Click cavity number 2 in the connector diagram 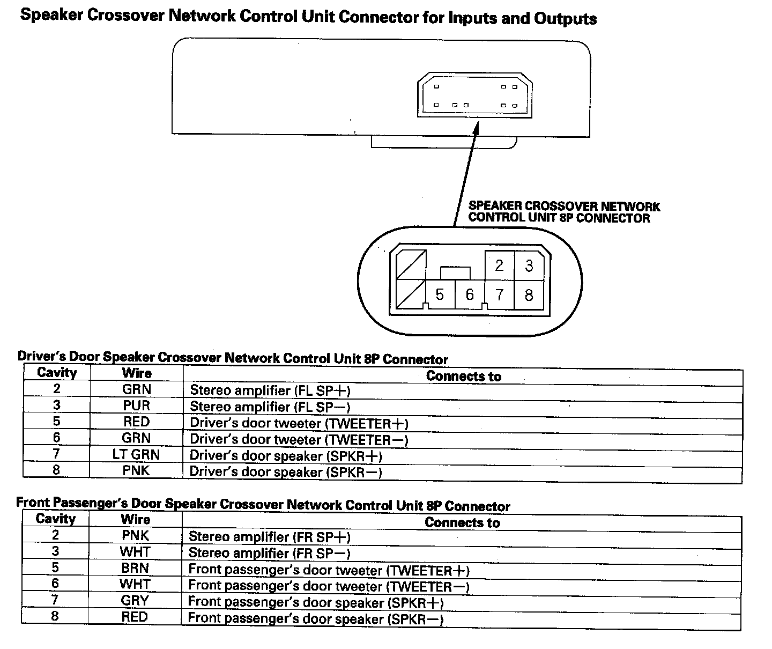pos(499,265)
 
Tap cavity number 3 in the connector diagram pos(529,265)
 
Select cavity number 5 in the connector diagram pos(440,294)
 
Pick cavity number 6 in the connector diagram pos(470,294)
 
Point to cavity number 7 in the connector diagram pos(499,294)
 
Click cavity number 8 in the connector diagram pos(529,294)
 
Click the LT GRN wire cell pos(136,455)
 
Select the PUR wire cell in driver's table pos(136,405)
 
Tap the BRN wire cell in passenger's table pos(135,568)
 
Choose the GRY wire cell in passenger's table pos(135,601)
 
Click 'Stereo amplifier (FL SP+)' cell pos(270,390)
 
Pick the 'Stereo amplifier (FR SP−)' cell pos(269,553)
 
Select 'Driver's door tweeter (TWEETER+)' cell pos(299,424)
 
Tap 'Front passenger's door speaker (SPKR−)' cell pos(316,618)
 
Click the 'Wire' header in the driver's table pos(137,373)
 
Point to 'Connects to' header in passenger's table pos(462,522)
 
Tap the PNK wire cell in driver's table pos(136,471)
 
